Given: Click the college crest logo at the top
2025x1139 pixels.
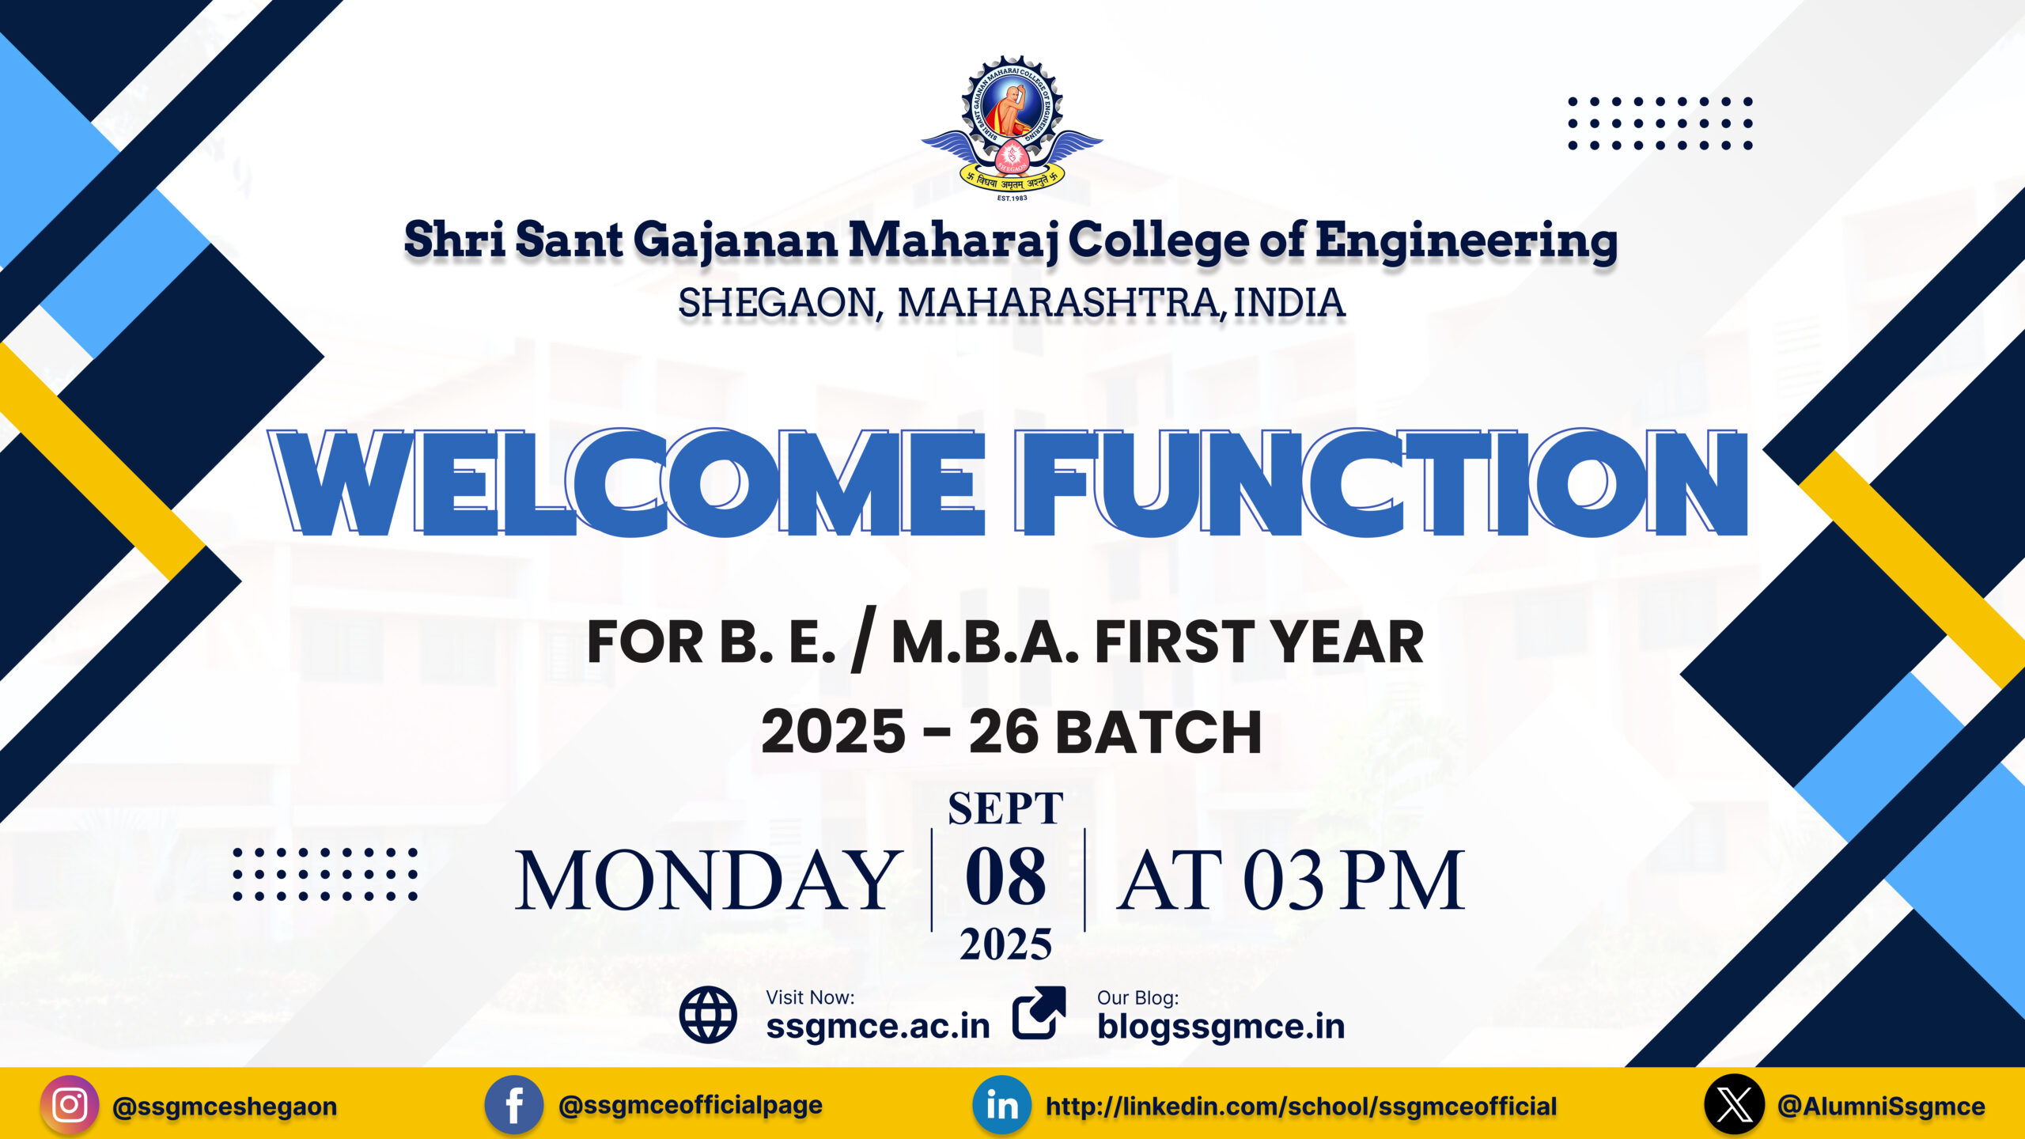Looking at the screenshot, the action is [x=1012, y=128].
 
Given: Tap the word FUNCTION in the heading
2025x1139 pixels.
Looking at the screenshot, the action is [x=1381, y=482].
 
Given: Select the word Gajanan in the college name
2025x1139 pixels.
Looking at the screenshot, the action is [x=736, y=240].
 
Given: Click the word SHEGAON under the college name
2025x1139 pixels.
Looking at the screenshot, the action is [x=780, y=303].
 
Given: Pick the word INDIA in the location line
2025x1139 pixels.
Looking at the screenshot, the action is [x=1289, y=303].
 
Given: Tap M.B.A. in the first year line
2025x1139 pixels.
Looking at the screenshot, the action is [x=986, y=641].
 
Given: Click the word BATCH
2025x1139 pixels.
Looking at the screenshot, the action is [x=1158, y=732].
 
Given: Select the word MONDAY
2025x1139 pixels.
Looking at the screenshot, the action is [x=709, y=880].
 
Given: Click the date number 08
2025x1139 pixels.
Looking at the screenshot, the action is [x=1005, y=876].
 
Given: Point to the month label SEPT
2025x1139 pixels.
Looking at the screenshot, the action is [x=1005, y=808].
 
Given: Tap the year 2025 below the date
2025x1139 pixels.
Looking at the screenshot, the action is [x=1005, y=944].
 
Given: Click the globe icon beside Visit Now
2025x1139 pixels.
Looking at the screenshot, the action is [x=708, y=1015].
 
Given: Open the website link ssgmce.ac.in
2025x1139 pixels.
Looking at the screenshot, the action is [x=878, y=1027].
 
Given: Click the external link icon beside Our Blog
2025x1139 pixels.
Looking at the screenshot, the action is [x=1039, y=1012].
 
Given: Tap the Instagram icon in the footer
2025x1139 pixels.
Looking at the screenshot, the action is [x=70, y=1105].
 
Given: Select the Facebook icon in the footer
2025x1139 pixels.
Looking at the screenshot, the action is [x=514, y=1105].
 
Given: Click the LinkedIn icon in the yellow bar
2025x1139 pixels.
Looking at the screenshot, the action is [x=1002, y=1105].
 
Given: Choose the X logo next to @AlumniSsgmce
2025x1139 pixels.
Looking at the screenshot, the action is [x=1734, y=1105].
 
